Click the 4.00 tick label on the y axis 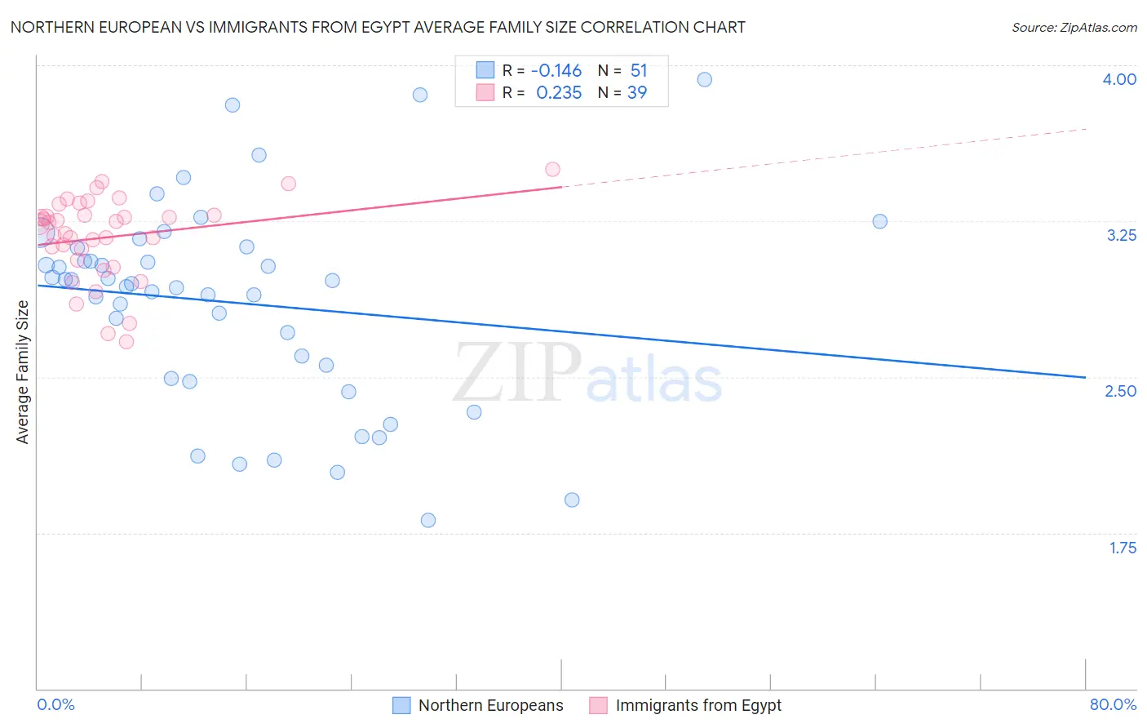pyautogui.click(x=1119, y=79)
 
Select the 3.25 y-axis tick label pyautogui.click(x=1121, y=235)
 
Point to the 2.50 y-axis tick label pyautogui.click(x=1120, y=391)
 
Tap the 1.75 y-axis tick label pyautogui.click(x=1123, y=548)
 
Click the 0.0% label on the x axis pyautogui.click(x=55, y=704)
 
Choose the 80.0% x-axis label pyautogui.click(x=1113, y=704)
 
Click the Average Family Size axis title pyautogui.click(x=23, y=372)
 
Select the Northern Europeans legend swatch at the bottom pyautogui.click(x=401, y=705)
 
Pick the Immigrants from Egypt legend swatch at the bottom pyautogui.click(x=599, y=705)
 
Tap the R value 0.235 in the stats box pyautogui.click(x=559, y=93)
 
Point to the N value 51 pyautogui.click(x=638, y=71)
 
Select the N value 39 pyautogui.click(x=637, y=93)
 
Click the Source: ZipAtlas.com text pyautogui.click(x=1074, y=28)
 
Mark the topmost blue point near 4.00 pyautogui.click(x=704, y=79)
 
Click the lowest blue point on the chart pyautogui.click(x=427, y=520)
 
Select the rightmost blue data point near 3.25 pyautogui.click(x=879, y=221)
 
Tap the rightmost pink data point pyautogui.click(x=552, y=170)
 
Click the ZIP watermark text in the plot pyautogui.click(x=517, y=372)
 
